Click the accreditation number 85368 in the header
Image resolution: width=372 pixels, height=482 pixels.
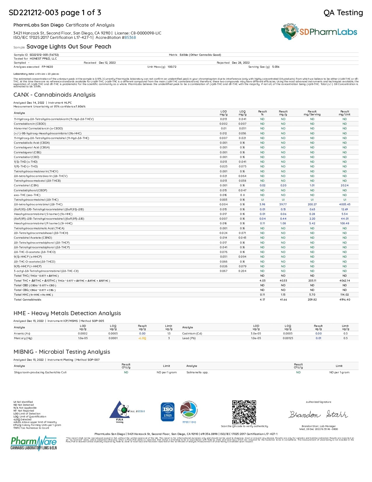click(x=130, y=37)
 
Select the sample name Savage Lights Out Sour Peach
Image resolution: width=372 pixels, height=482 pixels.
click(x=69, y=47)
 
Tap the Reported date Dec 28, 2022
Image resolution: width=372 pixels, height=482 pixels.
click(x=241, y=63)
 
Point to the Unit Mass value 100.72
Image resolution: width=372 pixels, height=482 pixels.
click(x=172, y=67)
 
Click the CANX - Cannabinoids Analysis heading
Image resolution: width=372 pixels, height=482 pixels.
click(x=55, y=95)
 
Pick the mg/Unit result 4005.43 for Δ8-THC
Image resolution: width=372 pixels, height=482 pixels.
click(x=345, y=204)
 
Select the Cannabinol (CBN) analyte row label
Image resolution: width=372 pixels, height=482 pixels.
click(x=26, y=185)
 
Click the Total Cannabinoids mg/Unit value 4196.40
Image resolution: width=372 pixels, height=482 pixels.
click(x=345, y=300)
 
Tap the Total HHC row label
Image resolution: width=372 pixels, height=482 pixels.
click(x=33, y=295)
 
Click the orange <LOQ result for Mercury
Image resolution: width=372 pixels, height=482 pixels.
click(x=142, y=338)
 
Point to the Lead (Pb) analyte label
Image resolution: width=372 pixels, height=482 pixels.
click(x=189, y=338)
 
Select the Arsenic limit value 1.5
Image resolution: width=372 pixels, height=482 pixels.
click(x=169, y=334)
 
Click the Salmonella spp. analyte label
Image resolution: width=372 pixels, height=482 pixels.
click(x=197, y=372)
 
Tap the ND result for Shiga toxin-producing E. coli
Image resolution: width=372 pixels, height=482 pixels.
click(x=126, y=372)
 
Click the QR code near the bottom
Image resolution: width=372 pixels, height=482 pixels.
click(x=244, y=412)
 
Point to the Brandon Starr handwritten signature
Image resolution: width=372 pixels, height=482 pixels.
click(x=318, y=414)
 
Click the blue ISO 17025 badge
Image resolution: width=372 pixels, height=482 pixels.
click(x=167, y=412)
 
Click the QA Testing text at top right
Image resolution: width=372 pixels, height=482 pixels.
click(x=343, y=13)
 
